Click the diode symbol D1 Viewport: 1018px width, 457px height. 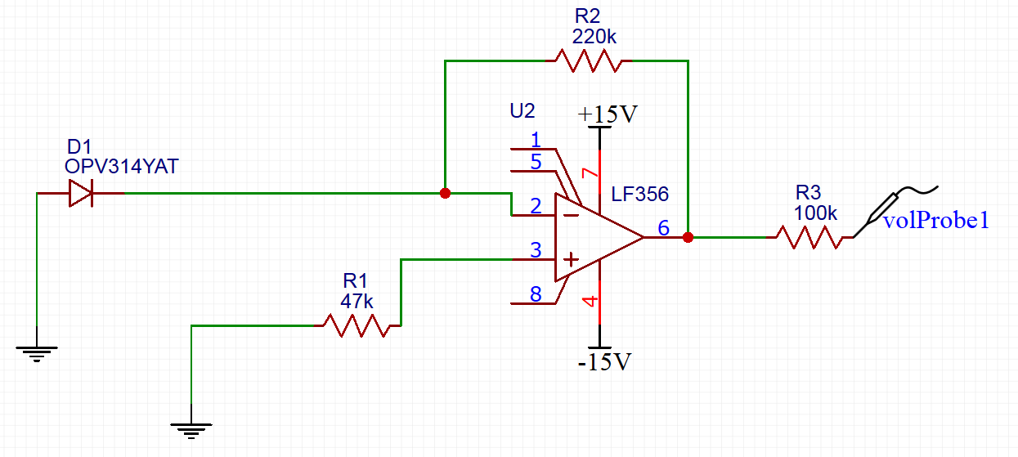point(81,193)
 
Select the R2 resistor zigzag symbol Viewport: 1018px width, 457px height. point(589,60)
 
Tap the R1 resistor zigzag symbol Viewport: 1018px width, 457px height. point(357,325)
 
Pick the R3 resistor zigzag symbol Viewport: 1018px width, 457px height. point(809,237)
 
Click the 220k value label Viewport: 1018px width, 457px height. point(594,37)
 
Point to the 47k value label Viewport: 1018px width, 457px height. point(357,301)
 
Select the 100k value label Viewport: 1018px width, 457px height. point(815,213)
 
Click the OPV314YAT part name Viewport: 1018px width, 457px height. point(121,167)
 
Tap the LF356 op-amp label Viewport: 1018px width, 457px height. point(640,195)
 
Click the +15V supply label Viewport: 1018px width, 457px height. point(608,114)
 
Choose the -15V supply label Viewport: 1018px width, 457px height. point(604,362)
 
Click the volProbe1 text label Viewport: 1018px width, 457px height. point(935,220)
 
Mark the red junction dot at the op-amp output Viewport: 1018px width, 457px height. point(688,237)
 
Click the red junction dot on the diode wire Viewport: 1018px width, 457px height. point(446,193)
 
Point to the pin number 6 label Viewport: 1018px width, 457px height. point(663,228)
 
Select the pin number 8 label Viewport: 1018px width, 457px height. point(536,294)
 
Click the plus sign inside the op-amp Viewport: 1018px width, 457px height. point(571,259)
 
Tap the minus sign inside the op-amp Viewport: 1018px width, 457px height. point(571,215)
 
